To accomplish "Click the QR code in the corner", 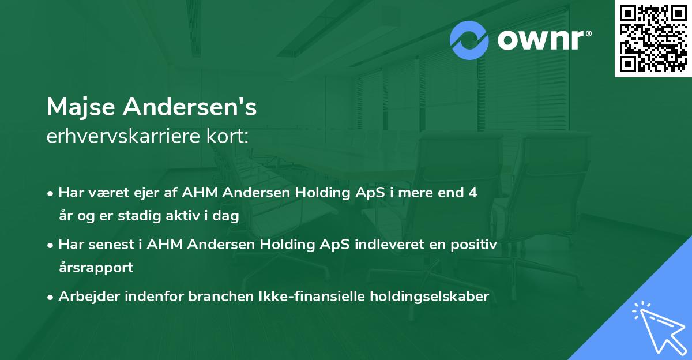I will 653,38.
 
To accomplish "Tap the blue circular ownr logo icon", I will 469,40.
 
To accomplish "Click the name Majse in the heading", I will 82,107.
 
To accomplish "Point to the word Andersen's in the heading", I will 190,106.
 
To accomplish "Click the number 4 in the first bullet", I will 473,193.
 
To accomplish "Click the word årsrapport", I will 96,268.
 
